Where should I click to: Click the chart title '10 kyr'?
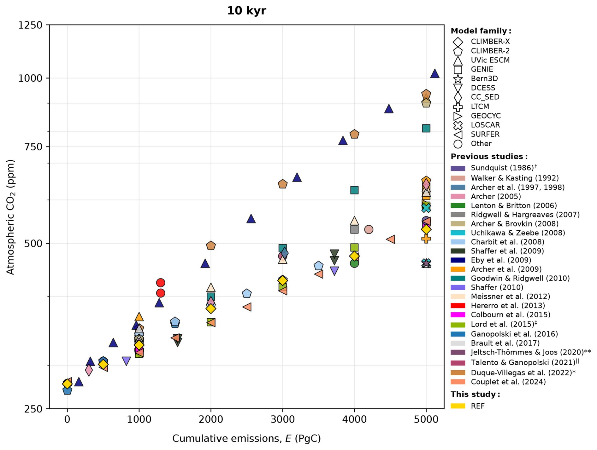[x=246, y=11]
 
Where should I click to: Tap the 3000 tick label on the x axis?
[x=282, y=419]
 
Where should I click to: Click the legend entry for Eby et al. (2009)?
[x=501, y=260]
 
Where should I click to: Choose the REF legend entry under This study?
[x=477, y=406]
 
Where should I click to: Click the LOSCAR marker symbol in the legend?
[x=458, y=125]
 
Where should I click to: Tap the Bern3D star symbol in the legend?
[x=458, y=79]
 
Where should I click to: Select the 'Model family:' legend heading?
[x=481, y=31]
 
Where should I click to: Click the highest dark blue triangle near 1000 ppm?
[x=435, y=74]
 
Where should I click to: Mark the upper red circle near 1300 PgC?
[x=161, y=283]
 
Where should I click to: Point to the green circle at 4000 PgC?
[x=354, y=263]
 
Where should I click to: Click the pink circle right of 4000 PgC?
[x=369, y=229]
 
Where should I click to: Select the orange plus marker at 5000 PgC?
[x=426, y=239]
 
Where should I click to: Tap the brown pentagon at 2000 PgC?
[x=211, y=246]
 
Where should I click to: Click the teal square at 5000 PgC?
[x=426, y=128]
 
